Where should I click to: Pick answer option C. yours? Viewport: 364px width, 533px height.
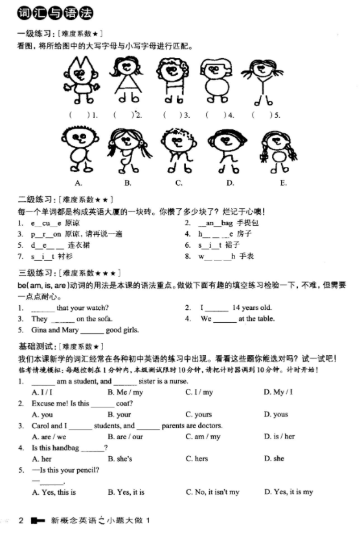tap(198, 415)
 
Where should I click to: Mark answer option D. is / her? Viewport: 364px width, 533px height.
tap(279, 437)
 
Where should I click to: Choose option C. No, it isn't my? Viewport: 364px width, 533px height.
tap(212, 492)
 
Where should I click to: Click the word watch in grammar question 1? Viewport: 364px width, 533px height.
tap(95, 308)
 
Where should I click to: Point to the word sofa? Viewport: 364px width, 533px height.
tap(104, 319)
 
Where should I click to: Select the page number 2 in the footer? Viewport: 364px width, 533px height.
tap(21, 521)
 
